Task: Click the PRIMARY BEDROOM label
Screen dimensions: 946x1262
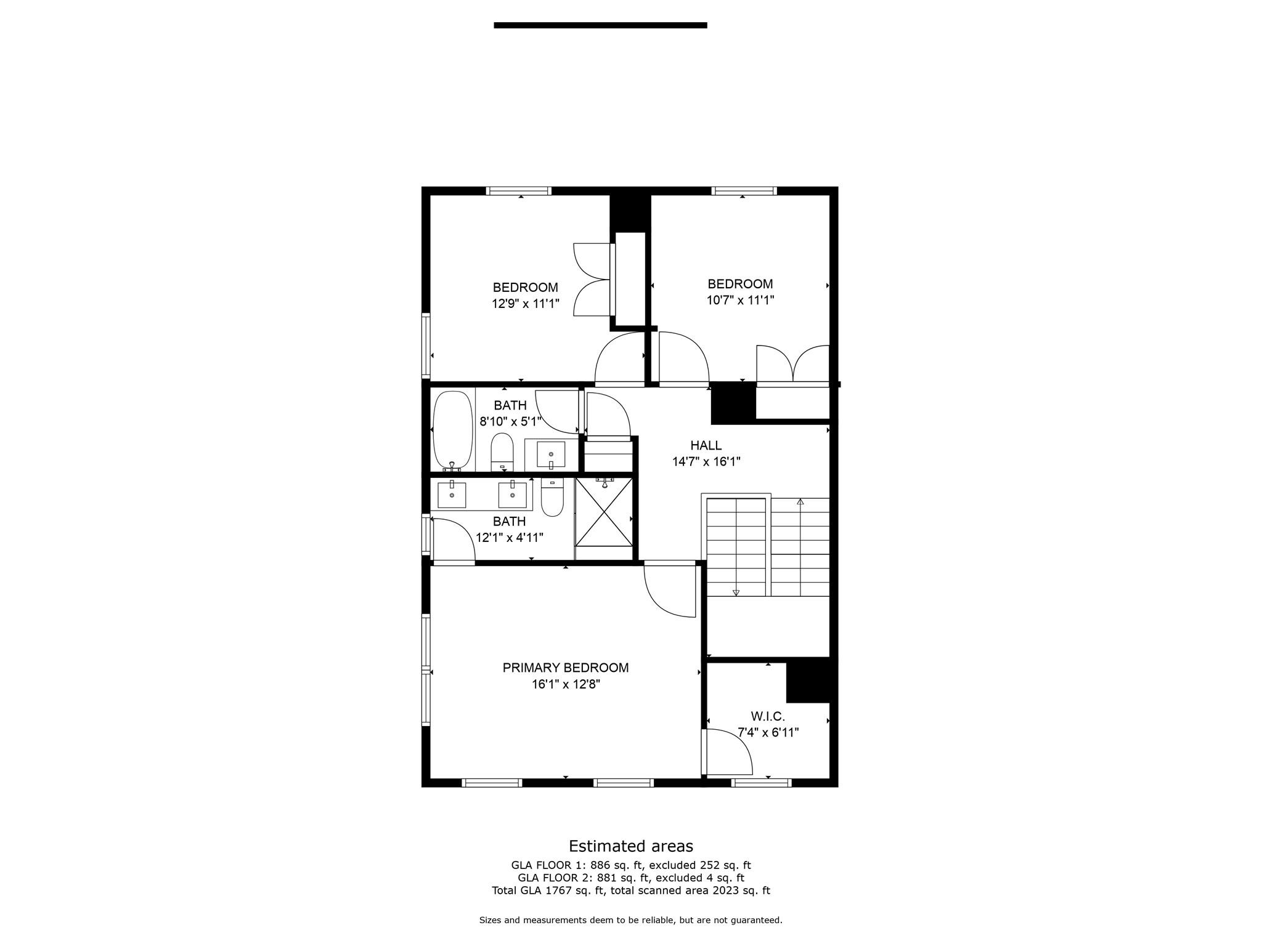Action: pos(565,668)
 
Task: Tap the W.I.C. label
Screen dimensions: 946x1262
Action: pos(768,716)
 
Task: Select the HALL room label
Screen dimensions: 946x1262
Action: pos(706,445)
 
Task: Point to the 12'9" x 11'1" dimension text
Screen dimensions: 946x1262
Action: pos(525,304)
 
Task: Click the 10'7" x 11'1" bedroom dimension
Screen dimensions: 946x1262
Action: pos(740,301)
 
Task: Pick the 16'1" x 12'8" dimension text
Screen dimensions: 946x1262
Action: pos(566,684)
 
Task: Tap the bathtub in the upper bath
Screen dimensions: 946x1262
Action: pos(452,429)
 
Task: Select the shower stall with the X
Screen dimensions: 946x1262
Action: pos(604,512)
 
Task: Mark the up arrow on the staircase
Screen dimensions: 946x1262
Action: pos(800,502)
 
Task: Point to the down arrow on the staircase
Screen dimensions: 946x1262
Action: pos(736,592)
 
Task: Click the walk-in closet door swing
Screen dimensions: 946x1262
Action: pos(728,752)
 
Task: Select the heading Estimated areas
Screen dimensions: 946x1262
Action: pos(630,846)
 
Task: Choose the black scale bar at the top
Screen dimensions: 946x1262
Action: pos(600,25)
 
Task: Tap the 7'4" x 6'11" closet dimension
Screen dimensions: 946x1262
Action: pos(768,733)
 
